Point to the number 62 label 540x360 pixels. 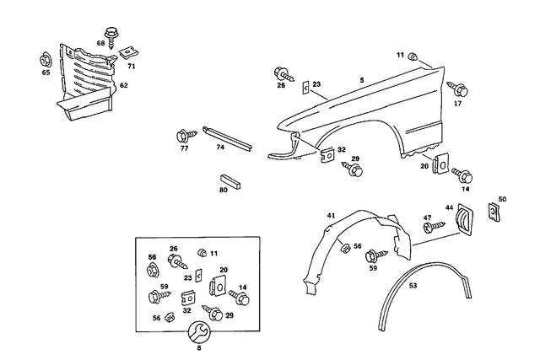pyautogui.click(x=123, y=85)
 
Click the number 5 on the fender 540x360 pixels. pyautogui.click(x=361, y=80)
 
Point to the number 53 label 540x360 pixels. pyautogui.click(x=413, y=286)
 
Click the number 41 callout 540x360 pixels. pyautogui.click(x=332, y=216)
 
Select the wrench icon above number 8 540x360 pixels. pyautogui.click(x=200, y=330)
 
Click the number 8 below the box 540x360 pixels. pyautogui.click(x=200, y=347)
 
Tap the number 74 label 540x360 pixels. pyautogui.click(x=219, y=147)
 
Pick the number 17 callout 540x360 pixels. pyautogui.click(x=458, y=104)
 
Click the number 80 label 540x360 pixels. pyautogui.click(x=224, y=191)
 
